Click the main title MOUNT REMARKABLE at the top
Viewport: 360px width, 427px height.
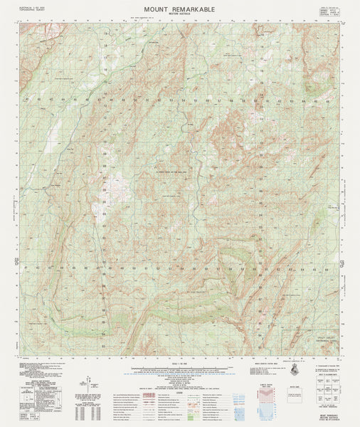(x=179, y=7)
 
